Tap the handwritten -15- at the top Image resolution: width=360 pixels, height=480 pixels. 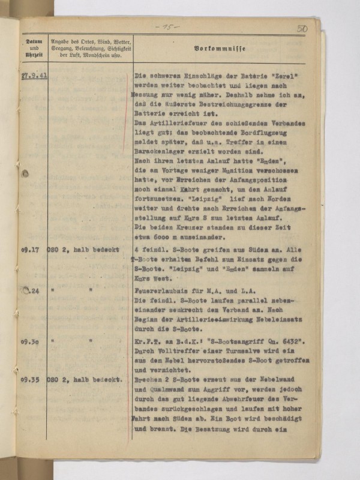coord(161,28)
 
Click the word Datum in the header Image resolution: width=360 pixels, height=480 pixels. coord(33,40)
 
